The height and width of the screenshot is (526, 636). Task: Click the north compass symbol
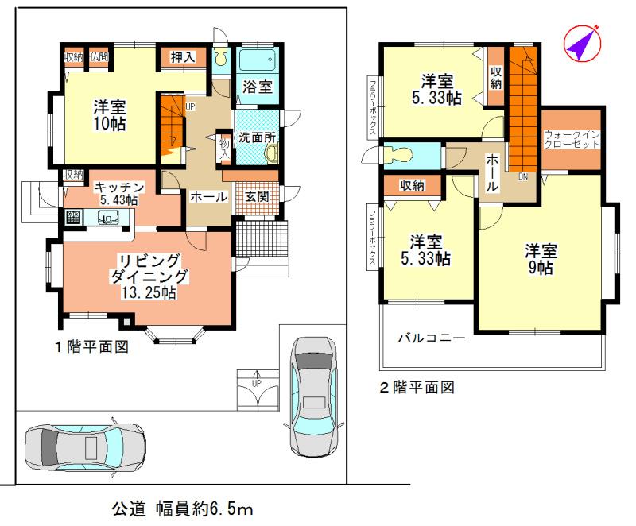tap(582, 44)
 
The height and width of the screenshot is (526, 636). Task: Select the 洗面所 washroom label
tap(257, 137)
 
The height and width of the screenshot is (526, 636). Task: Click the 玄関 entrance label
tap(256, 196)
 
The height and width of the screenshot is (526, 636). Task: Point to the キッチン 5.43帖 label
tap(119, 192)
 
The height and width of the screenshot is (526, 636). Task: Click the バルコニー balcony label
tap(431, 338)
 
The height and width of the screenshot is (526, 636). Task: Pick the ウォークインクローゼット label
tap(572, 141)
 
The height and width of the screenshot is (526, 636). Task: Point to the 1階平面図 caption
tap(91, 346)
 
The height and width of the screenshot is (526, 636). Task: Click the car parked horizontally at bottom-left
tap(84, 447)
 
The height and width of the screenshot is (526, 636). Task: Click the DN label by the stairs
tap(522, 176)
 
